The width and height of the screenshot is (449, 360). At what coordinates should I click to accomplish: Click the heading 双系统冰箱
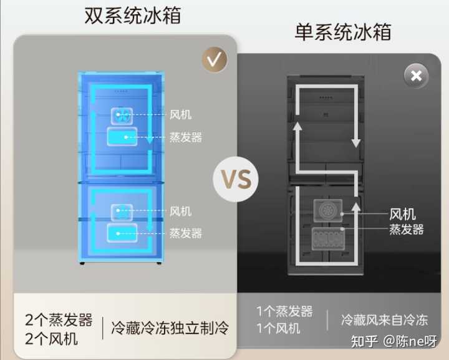pyautogui.click(x=133, y=16)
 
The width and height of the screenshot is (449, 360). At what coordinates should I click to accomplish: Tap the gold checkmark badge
pyautogui.click(x=214, y=59)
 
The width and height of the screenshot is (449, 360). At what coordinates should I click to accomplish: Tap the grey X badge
pyautogui.click(x=416, y=76)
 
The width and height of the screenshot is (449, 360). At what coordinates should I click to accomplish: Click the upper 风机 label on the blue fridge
pyautogui.click(x=180, y=115)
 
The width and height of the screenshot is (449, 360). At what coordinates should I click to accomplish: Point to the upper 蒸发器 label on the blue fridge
pyautogui.click(x=186, y=137)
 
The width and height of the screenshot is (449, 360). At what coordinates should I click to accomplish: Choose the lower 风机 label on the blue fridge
pyautogui.click(x=180, y=212)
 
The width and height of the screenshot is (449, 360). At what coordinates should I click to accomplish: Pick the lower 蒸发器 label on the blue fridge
pyautogui.click(x=186, y=233)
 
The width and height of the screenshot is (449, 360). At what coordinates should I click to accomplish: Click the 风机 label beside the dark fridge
pyautogui.click(x=403, y=215)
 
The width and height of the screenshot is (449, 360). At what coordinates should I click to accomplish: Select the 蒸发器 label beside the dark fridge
pyautogui.click(x=407, y=230)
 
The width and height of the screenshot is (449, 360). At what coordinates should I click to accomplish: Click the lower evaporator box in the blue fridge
pyautogui.click(x=122, y=233)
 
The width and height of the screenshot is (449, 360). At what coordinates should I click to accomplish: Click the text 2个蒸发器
pyautogui.click(x=59, y=320)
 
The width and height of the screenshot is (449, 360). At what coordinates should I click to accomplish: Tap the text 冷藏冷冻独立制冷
pyautogui.click(x=170, y=327)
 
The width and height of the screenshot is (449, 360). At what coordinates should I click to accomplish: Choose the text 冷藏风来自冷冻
pyautogui.click(x=384, y=320)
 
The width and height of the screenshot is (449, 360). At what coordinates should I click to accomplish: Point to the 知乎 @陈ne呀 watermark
pyautogui.click(x=393, y=341)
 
